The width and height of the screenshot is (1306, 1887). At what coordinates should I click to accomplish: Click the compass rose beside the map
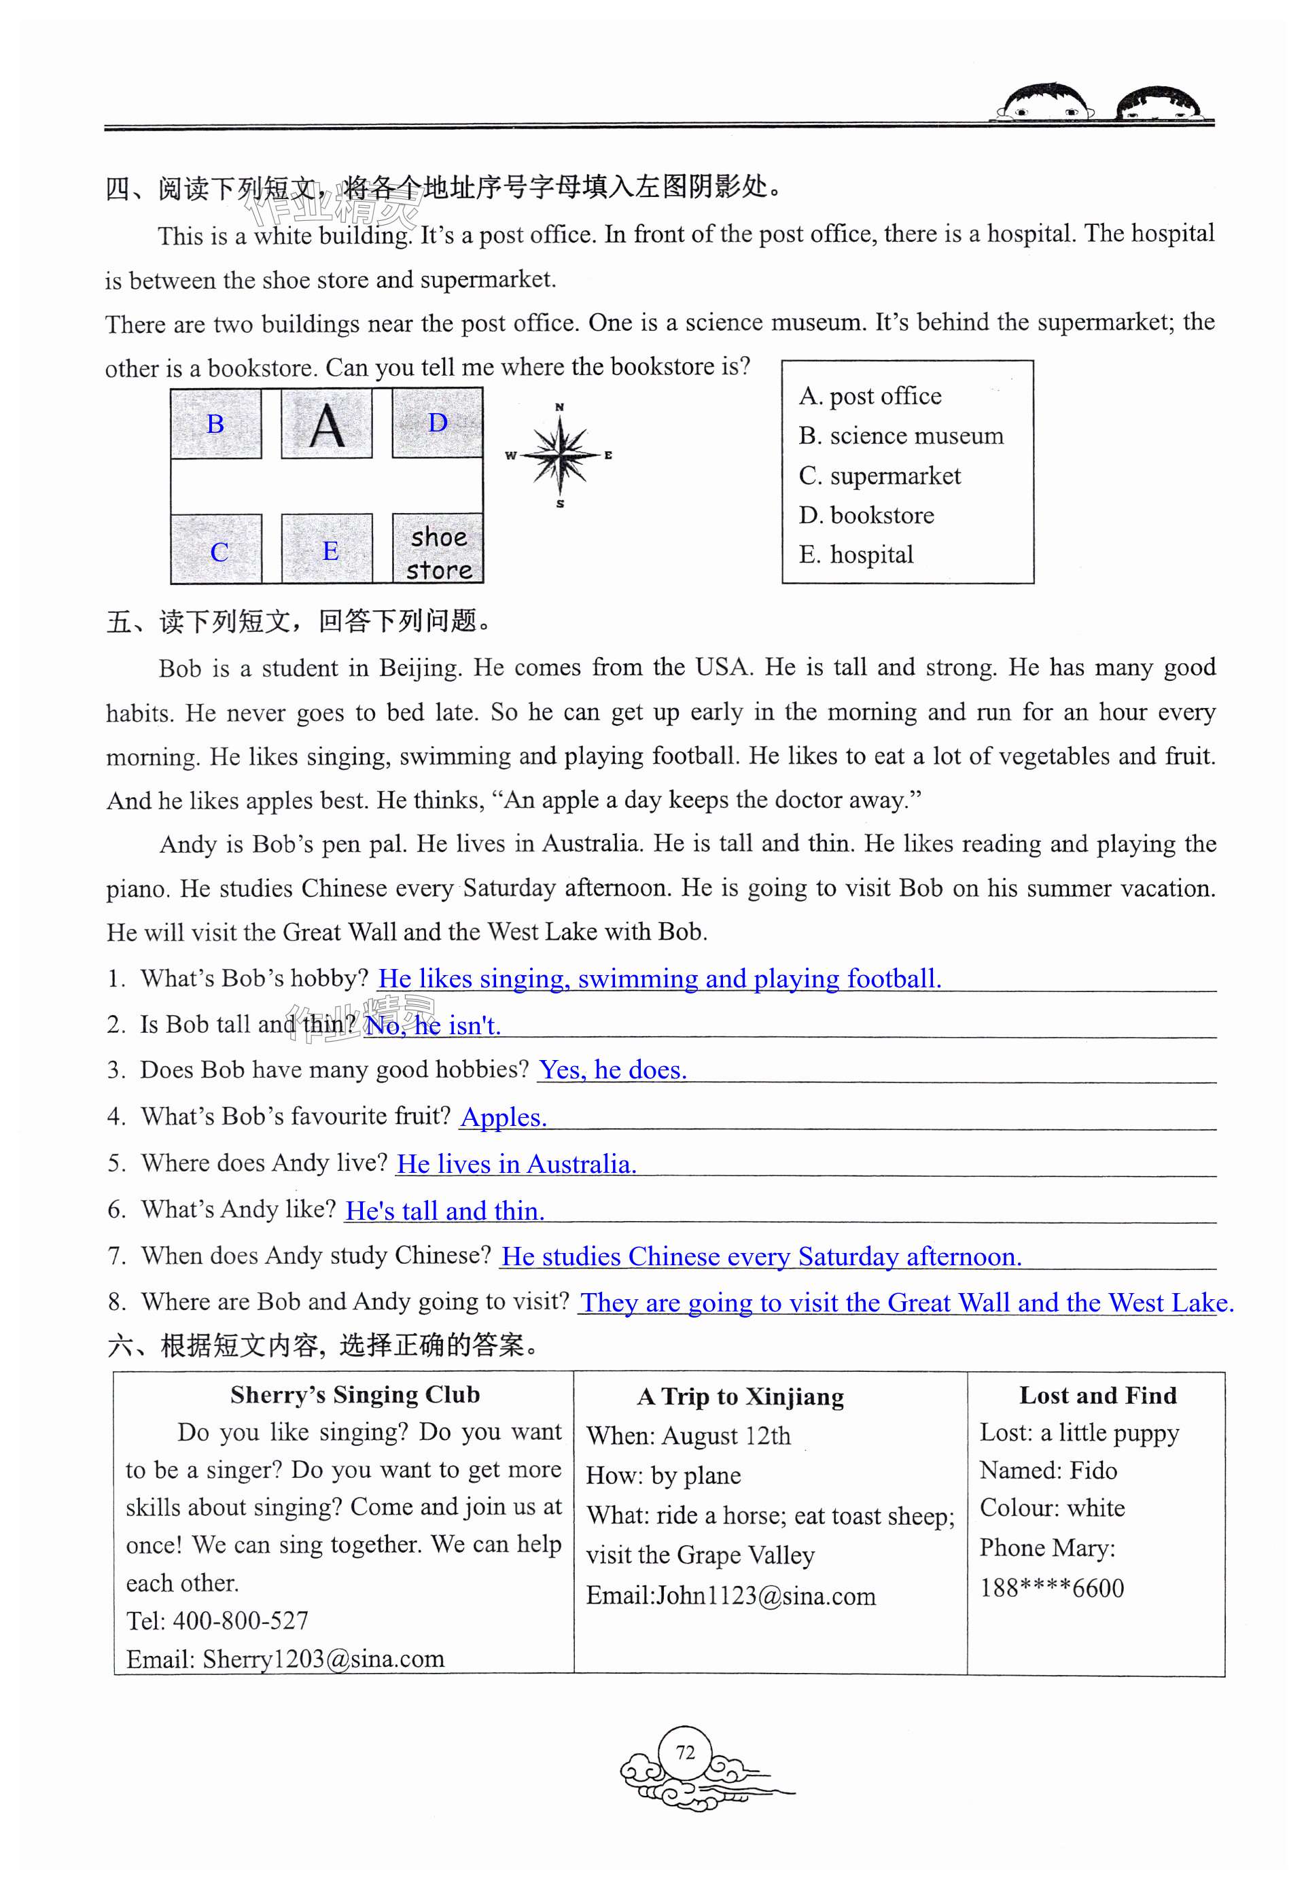[561, 455]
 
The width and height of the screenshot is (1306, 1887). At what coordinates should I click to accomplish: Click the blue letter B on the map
[215, 424]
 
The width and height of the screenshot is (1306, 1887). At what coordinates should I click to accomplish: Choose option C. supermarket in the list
[880, 476]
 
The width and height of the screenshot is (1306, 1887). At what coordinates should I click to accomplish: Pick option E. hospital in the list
[856, 554]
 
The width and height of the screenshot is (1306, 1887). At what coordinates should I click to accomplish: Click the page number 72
[685, 1752]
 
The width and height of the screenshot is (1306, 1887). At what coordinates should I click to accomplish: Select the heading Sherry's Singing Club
[355, 1394]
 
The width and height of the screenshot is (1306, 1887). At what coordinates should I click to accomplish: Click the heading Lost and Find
[1097, 1395]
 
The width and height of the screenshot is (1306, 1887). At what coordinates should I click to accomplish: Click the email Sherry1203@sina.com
[323, 1659]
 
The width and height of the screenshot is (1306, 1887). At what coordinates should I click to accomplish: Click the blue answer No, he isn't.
[432, 1025]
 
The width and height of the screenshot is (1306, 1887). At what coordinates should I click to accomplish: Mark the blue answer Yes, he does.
[612, 1070]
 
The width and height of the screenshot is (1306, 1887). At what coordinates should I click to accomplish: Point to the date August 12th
[726, 1435]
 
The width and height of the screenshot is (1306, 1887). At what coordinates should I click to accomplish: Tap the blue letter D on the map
[438, 423]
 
